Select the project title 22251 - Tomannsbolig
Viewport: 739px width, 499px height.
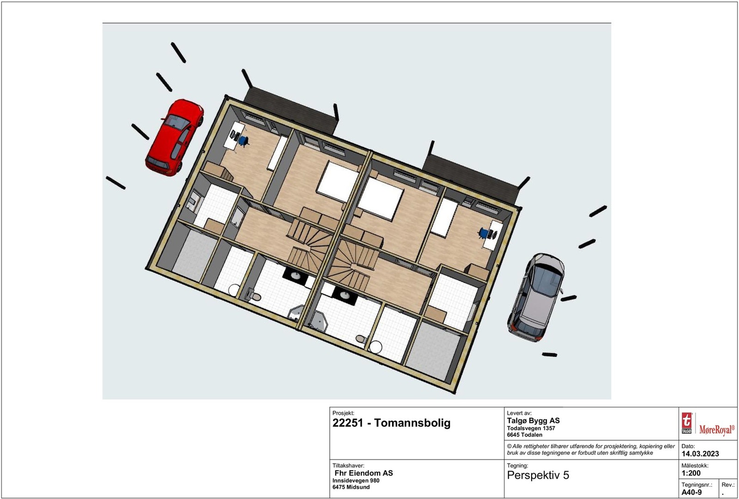coord(391,423)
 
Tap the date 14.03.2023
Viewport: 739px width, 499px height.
coord(700,454)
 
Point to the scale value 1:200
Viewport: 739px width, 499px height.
coord(691,473)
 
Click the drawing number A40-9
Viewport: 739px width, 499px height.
coord(691,492)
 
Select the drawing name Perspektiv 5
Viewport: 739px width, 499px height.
coord(538,475)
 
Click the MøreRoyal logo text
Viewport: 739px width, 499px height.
coord(716,430)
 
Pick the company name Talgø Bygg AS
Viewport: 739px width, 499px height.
coord(533,420)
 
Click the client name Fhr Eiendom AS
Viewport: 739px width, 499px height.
coord(363,473)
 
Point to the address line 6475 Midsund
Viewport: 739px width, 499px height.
coord(351,487)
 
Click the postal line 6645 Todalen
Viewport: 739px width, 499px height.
coord(525,435)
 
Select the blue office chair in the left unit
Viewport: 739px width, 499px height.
coord(242,140)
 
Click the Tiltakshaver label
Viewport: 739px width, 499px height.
coord(348,466)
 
